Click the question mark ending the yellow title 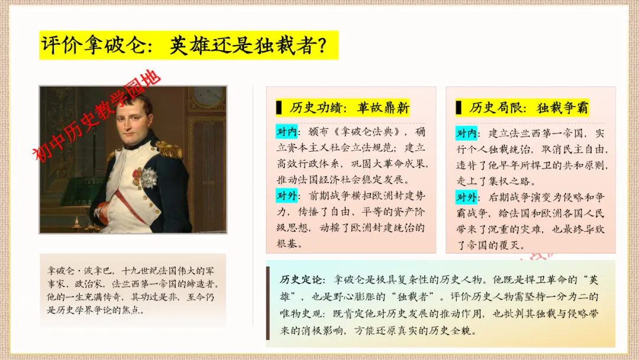(x=321, y=45)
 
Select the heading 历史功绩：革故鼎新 (x=349, y=108)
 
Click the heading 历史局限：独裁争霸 (x=529, y=108)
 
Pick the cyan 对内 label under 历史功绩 (x=286, y=131)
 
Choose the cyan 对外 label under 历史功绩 (x=286, y=196)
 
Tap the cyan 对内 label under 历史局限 (x=466, y=133)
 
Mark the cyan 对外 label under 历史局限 (x=466, y=198)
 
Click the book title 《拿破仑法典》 (x=368, y=131)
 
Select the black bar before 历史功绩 (x=279, y=108)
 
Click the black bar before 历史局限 (x=459, y=108)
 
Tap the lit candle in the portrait (x=76, y=222)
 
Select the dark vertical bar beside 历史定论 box (x=268, y=303)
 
